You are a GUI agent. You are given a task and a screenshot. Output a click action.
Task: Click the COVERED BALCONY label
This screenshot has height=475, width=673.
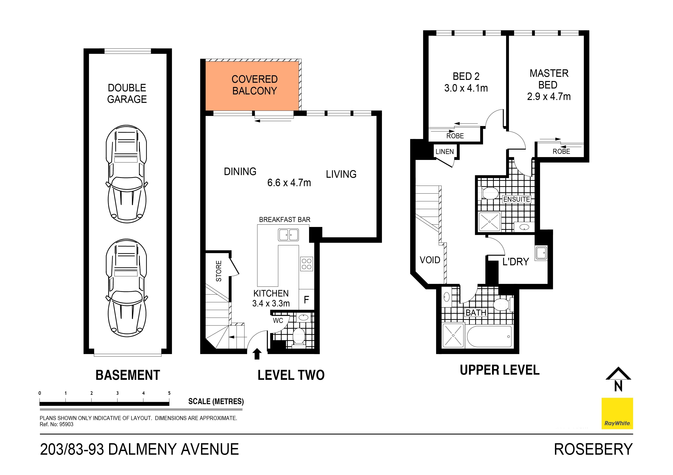click(x=254, y=85)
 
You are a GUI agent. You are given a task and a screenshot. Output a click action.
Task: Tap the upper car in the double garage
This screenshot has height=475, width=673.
click(x=127, y=174)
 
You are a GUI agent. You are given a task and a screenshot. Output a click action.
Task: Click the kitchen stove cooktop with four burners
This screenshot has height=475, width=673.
click(x=307, y=264)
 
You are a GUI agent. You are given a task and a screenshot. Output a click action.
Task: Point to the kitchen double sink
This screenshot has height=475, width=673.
click(x=288, y=235)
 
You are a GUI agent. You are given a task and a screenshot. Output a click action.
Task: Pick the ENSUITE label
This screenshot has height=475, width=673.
click(x=516, y=199)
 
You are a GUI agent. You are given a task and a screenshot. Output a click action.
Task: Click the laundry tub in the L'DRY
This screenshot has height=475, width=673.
click(x=541, y=253)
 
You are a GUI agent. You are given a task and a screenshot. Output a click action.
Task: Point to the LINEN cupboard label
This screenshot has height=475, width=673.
click(x=445, y=152)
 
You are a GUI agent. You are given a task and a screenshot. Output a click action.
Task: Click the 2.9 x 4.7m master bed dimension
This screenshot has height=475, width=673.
click(x=549, y=97)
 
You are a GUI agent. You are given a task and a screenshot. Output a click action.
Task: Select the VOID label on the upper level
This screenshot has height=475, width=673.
click(x=430, y=260)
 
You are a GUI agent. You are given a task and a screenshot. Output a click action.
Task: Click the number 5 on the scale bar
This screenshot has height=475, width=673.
click(x=169, y=393)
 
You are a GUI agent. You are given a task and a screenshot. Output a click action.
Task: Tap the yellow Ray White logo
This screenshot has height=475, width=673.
click(x=617, y=413)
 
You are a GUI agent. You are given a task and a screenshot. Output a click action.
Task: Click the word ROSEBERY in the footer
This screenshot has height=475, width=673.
click(x=593, y=450)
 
